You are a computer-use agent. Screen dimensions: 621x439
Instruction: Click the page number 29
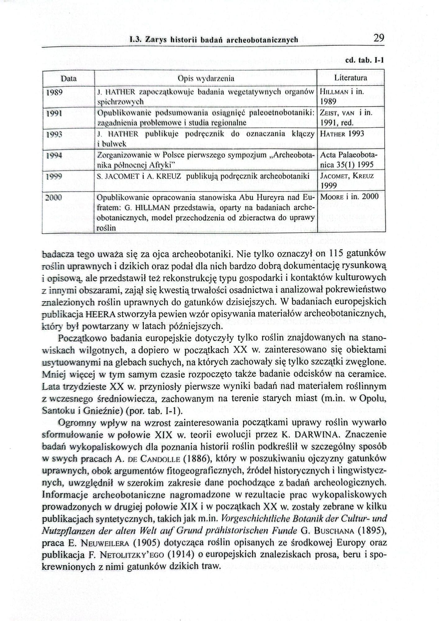379,38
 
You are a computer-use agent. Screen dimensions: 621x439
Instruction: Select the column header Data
69,79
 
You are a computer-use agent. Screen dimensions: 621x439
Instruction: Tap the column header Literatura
351,78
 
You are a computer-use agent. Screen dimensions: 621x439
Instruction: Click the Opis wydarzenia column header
206,79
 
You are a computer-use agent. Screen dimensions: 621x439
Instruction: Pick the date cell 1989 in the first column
54,93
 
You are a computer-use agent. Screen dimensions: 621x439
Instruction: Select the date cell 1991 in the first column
54,113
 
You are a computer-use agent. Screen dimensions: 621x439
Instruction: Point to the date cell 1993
54,134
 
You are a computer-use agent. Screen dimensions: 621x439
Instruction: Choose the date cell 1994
54,156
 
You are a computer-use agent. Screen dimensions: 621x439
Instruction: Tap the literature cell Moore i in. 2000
349,197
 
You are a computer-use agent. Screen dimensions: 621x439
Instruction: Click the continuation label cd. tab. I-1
364,60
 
